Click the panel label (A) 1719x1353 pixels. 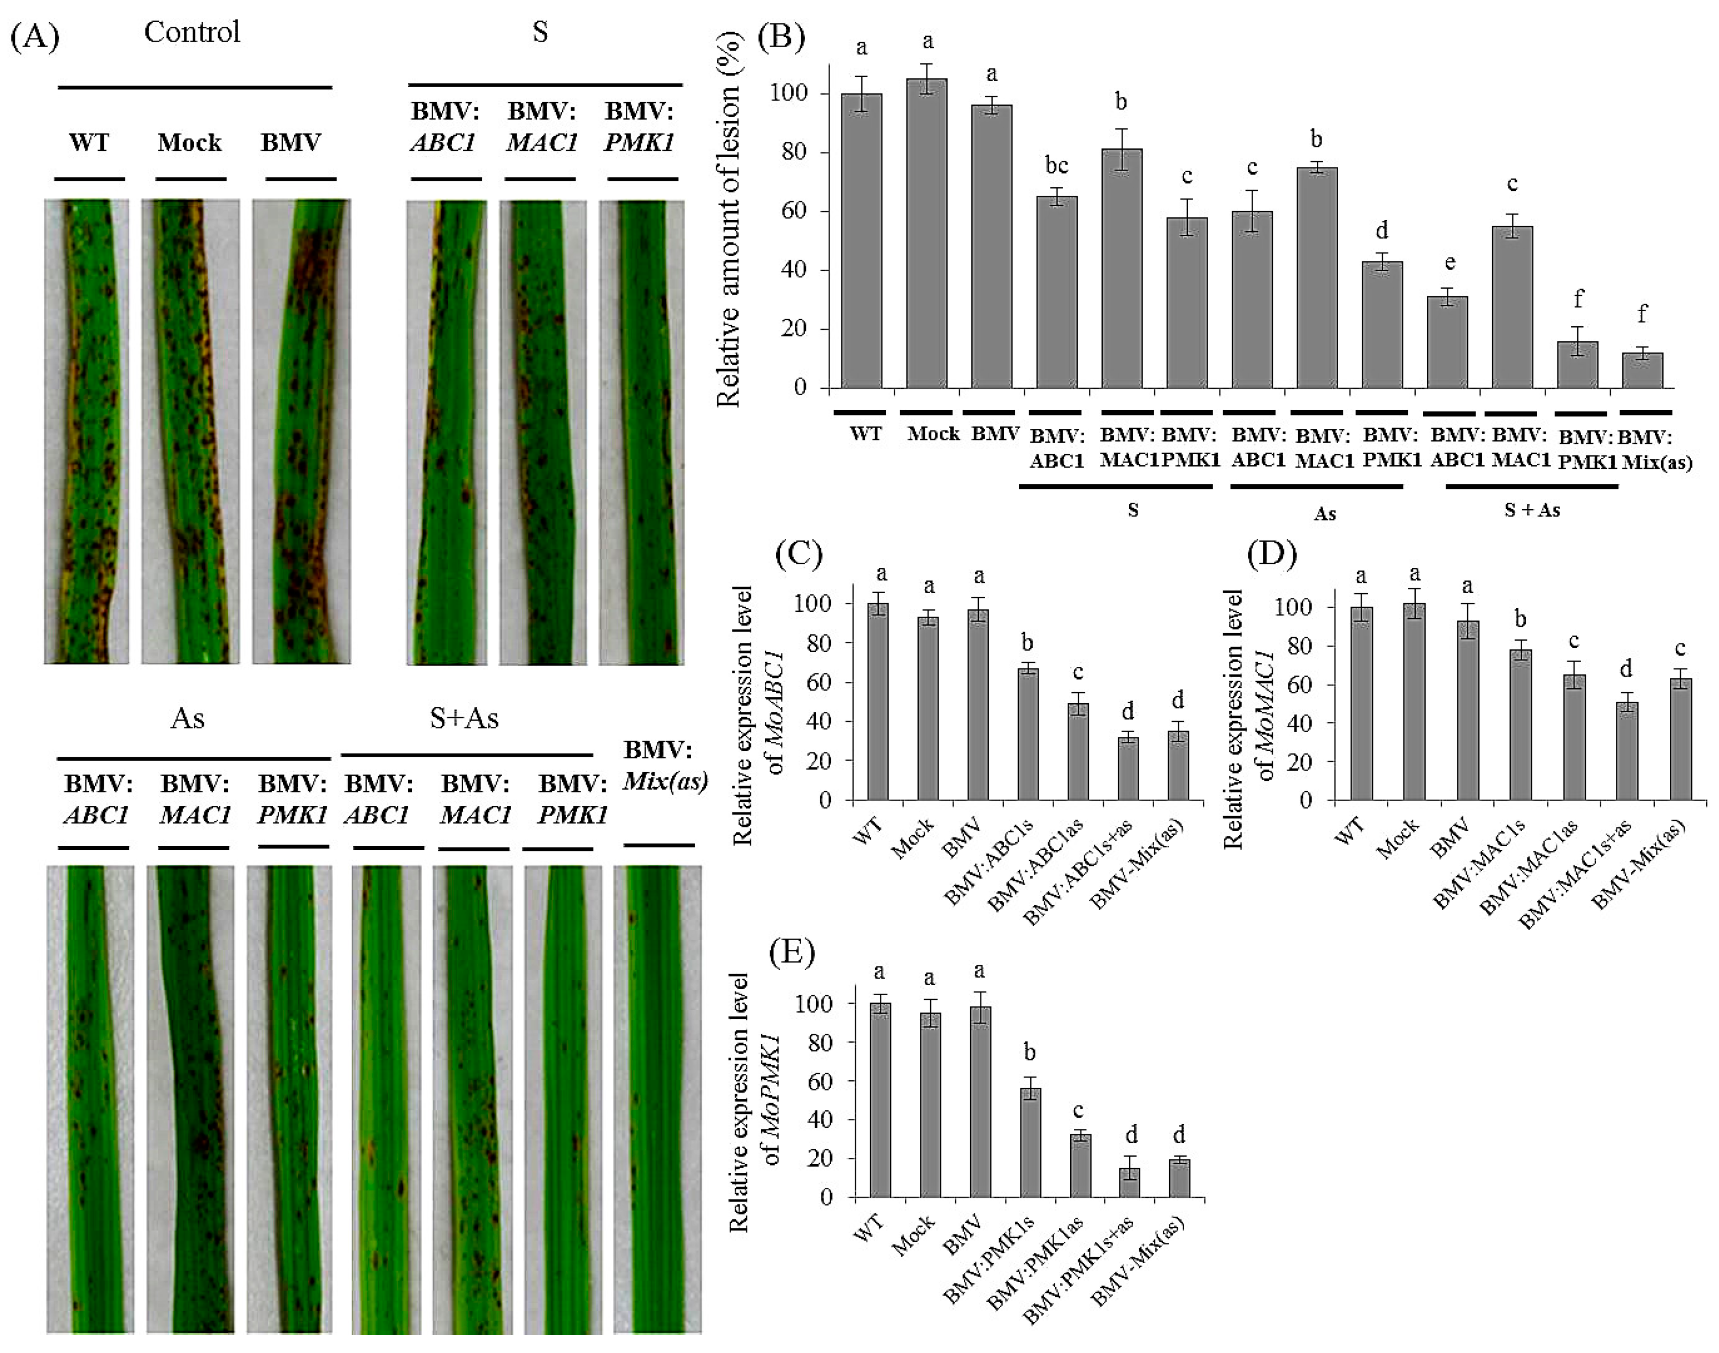pyautogui.click(x=35, y=36)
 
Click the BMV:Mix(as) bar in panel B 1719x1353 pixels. pyautogui.click(x=1642, y=370)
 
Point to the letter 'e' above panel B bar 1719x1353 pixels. pyautogui.click(x=1449, y=263)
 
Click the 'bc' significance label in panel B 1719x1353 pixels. pyautogui.click(x=1057, y=166)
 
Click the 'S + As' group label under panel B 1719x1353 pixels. pyautogui.click(x=1531, y=510)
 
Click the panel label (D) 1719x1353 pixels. pyautogui.click(x=1271, y=555)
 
